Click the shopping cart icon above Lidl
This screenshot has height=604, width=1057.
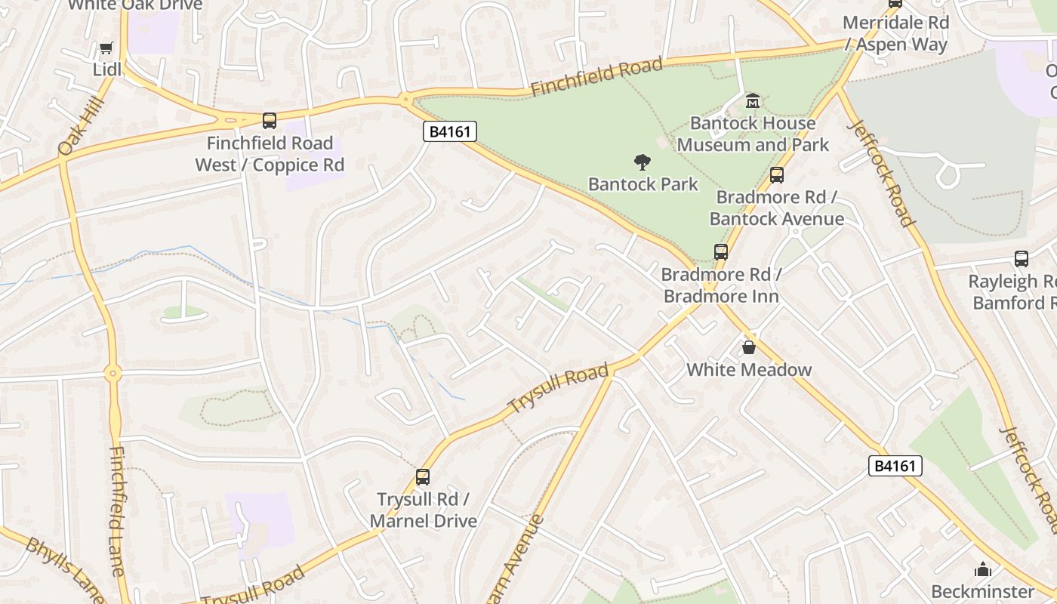point(106,48)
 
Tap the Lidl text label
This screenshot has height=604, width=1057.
point(106,69)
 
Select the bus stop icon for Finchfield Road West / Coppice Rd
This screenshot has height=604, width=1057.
point(270,120)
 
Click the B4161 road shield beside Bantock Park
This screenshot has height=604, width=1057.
point(449,131)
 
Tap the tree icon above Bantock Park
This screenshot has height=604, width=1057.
point(643,162)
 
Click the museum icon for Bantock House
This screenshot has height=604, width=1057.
point(753,100)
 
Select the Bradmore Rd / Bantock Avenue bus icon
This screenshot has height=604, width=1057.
point(776,175)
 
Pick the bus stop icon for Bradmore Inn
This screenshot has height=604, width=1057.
point(721,252)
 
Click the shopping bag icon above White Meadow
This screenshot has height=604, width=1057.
point(748,347)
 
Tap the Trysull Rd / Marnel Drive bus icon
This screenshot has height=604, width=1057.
point(423,477)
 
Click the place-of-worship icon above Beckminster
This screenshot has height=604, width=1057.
point(982,569)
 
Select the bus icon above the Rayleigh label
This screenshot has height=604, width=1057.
point(1022,259)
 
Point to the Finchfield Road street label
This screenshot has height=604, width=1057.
point(596,77)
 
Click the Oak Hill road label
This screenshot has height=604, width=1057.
point(79,130)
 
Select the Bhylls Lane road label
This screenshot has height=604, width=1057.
point(64,569)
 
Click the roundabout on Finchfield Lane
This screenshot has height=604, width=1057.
point(113,373)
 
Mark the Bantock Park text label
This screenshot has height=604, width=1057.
point(643,184)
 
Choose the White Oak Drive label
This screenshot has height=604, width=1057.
point(135,5)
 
